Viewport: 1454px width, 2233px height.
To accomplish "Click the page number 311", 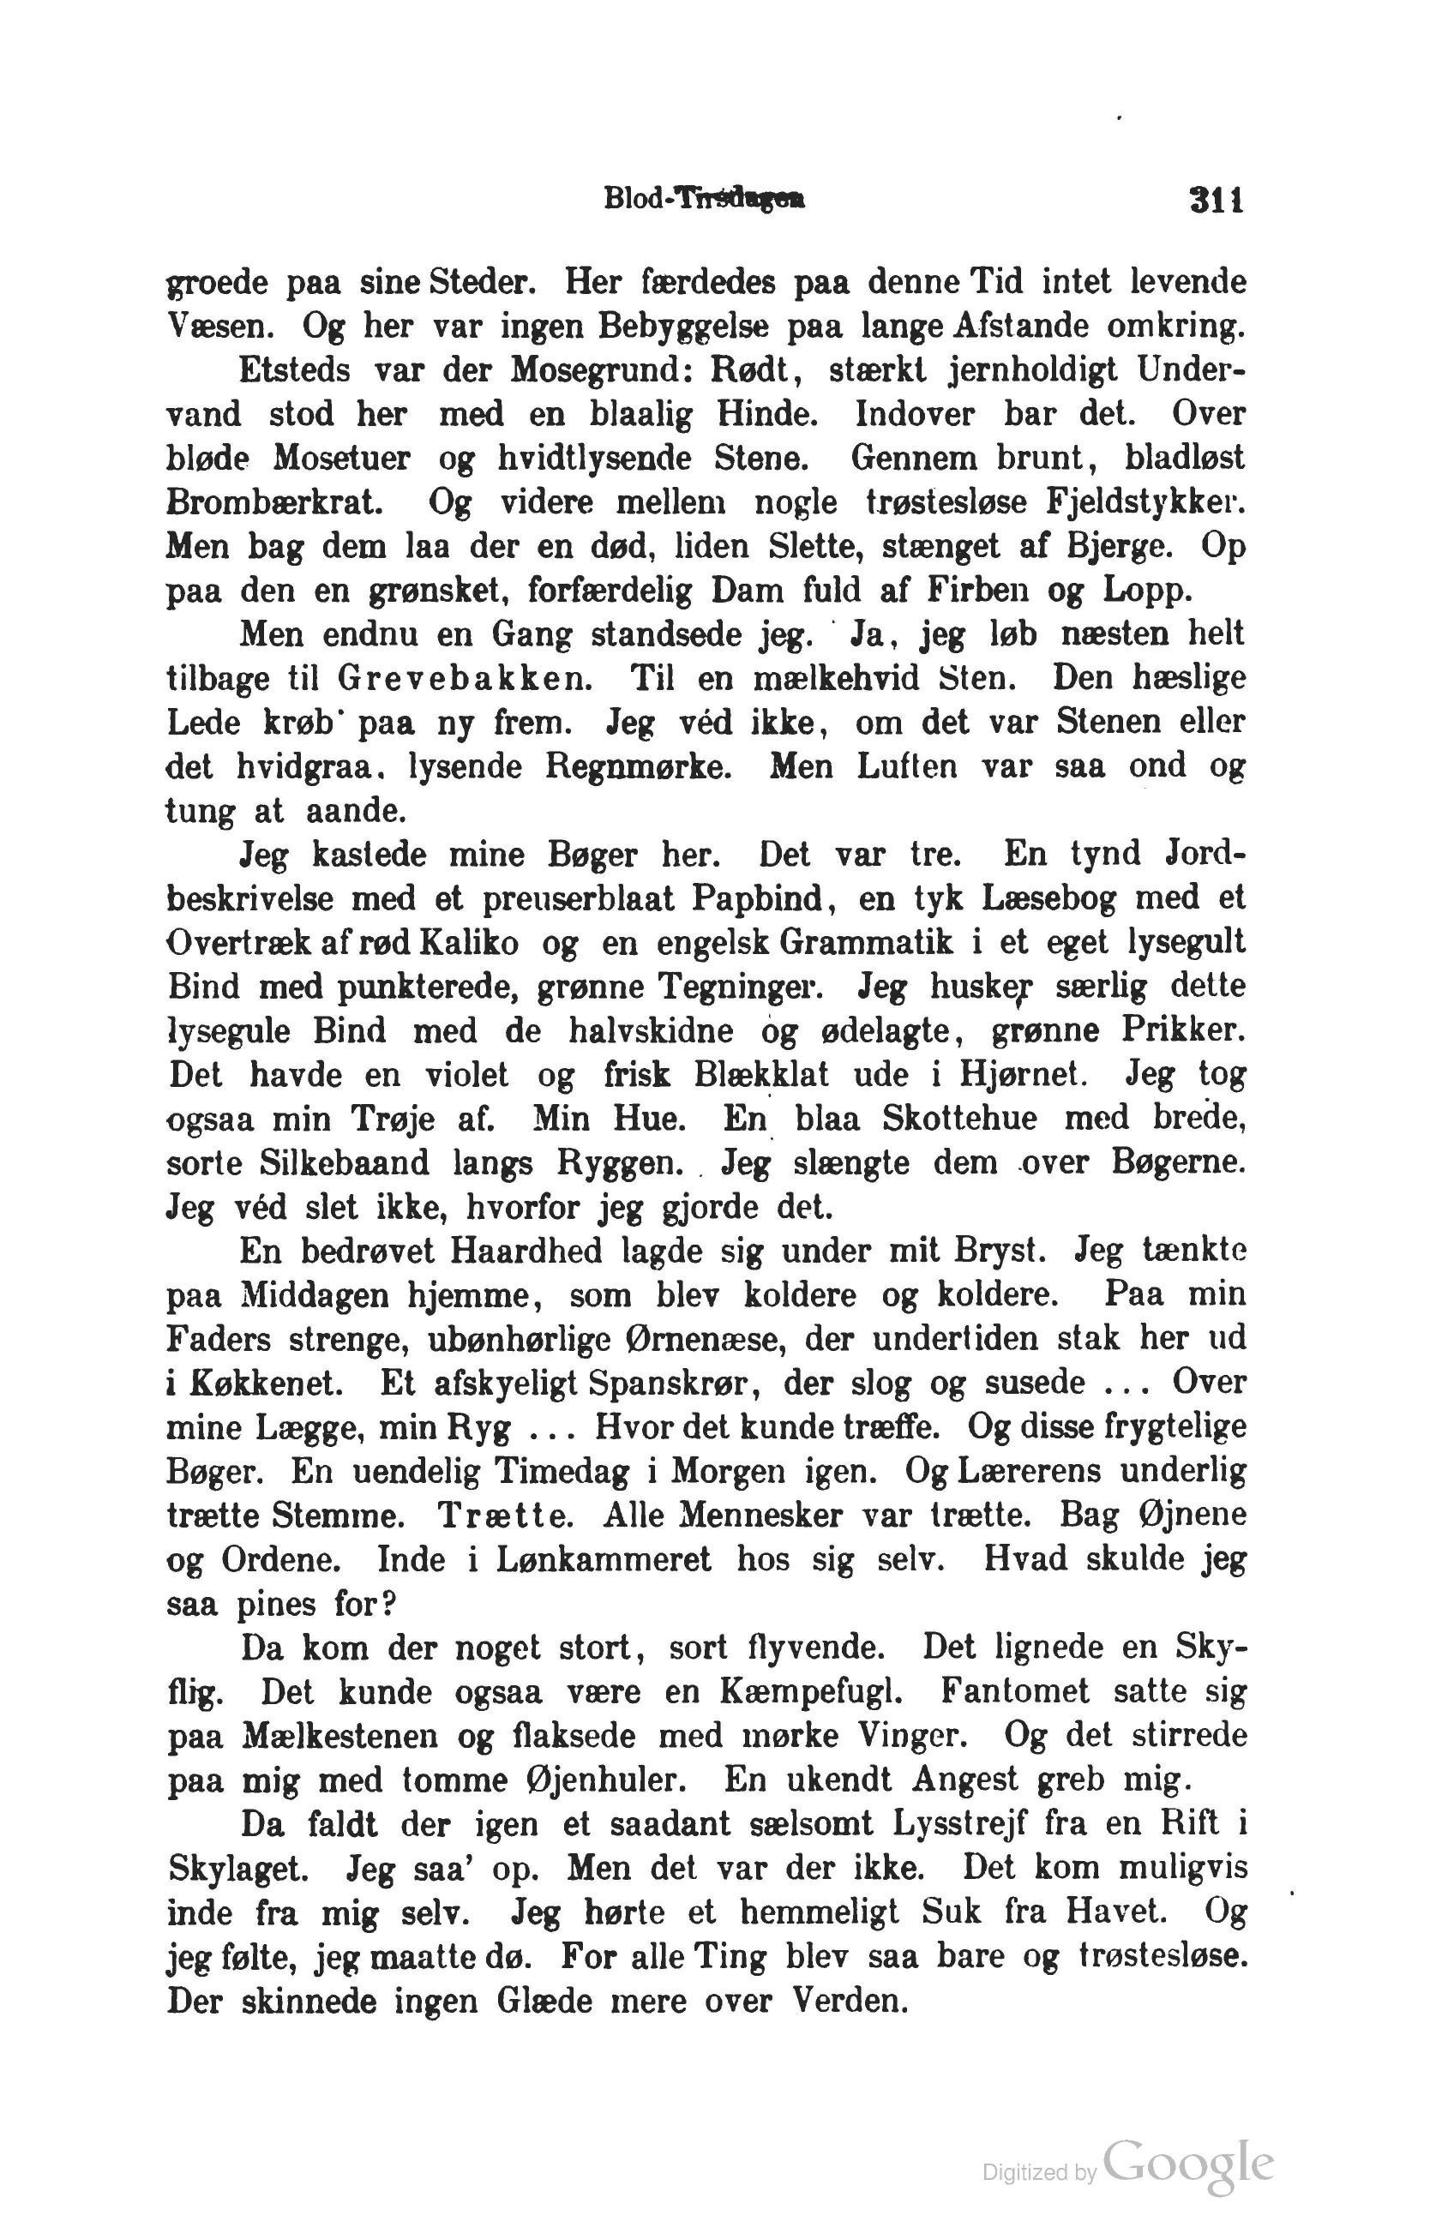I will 1214,199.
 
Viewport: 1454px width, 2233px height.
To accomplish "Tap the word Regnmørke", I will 635,765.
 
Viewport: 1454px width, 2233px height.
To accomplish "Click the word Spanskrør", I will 638,1382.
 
